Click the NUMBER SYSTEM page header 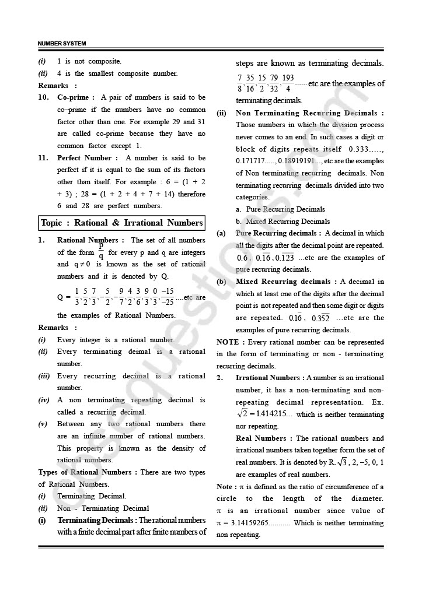point(61,44)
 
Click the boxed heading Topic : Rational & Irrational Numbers point(122,223)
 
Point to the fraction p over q point(101,251)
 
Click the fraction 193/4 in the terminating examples point(288,83)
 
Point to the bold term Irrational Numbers point(268,378)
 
